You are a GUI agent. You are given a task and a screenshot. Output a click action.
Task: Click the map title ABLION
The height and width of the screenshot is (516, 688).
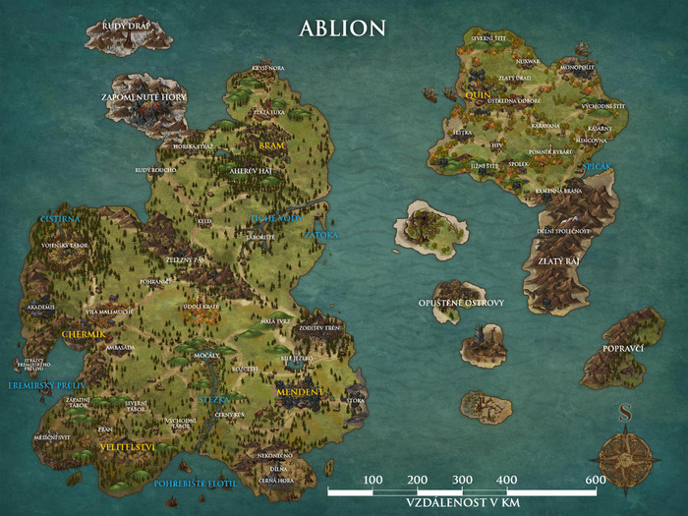tap(342, 28)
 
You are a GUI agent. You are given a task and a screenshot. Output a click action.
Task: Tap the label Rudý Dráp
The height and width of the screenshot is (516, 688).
tap(125, 26)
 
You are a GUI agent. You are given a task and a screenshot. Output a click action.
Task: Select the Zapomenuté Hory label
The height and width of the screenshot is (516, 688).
tap(143, 97)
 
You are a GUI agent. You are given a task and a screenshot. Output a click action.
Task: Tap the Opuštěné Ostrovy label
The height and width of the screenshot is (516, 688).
tap(461, 303)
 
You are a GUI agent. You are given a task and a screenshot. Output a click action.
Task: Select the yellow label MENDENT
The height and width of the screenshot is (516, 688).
tap(299, 392)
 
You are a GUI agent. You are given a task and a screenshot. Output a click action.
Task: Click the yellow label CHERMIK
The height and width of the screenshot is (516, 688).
tap(84, 335)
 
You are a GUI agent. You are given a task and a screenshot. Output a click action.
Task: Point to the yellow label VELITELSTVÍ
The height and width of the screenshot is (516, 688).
tap(130, 446)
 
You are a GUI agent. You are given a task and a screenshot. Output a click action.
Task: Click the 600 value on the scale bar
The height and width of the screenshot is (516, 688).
tap(596, 479)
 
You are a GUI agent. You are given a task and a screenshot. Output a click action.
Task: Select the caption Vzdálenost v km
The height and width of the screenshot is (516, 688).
tap(461, 501)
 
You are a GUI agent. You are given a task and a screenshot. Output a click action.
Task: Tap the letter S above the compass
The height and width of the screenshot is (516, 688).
tap(624, 414)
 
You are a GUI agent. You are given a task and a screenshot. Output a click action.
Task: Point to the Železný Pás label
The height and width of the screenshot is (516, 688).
tap(184, 258)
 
